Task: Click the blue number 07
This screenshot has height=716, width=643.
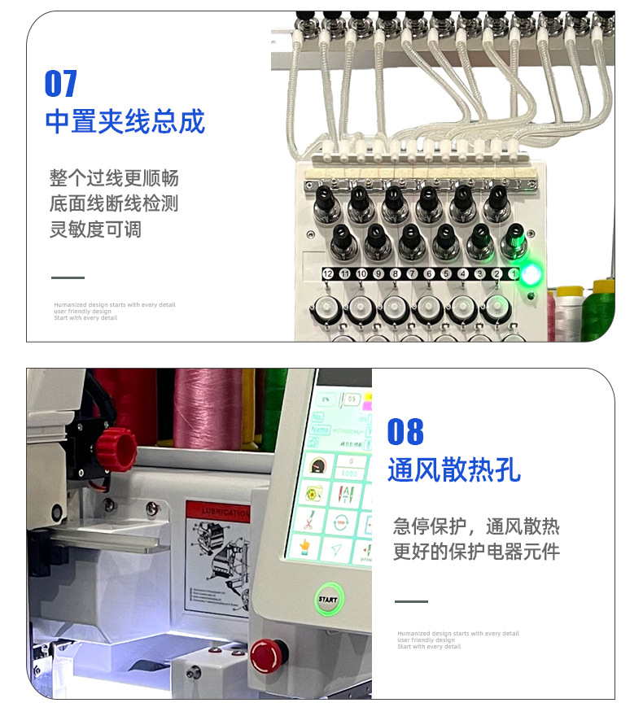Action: [x=61, y=83]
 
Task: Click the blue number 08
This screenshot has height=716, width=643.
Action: [x=405, y=431]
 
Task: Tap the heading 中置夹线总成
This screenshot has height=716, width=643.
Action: [x=125, y=121]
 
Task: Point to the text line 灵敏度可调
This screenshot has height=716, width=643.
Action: [x=95, y=229]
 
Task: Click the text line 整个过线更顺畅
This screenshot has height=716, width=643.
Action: [x=114, y=178]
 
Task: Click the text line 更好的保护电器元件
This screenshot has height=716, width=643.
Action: [x=476, y=552]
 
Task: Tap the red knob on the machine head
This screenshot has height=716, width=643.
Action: [x=116, y=446]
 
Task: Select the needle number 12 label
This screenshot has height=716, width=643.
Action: [x=328, y=275]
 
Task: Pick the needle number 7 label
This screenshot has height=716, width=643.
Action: [x=412, y=275]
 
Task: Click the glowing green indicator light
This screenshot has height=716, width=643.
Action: [x=531, y=274]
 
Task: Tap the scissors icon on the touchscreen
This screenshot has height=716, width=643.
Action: [x=309, y=520]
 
